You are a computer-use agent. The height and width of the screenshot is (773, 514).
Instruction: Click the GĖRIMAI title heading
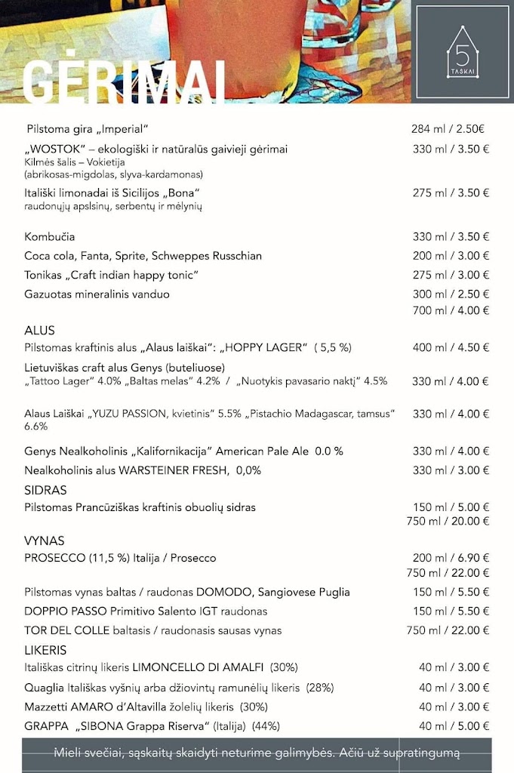(x=125, y=79)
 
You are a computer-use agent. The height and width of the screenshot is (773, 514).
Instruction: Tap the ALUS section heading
(x=39, y=331)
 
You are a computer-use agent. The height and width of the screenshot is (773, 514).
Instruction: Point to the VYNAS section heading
(x=44, y=541)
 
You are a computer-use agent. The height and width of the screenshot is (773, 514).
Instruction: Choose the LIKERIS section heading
(x=45, y=650)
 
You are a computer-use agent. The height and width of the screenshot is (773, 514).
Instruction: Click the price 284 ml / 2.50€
(x=448, y=128)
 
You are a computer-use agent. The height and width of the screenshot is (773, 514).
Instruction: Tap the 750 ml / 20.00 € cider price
(x=448, y=522)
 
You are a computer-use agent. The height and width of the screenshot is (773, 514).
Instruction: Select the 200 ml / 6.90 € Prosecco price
(x=451, y=558)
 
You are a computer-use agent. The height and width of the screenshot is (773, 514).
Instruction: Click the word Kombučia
(x=50, y=237)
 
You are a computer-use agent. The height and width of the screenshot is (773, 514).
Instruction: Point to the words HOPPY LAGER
(x=265, y=348)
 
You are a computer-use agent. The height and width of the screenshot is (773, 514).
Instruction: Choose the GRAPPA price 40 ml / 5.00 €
(x=454, y=726)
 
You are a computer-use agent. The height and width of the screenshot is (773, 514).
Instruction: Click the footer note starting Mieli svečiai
(x=257, y=753)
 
